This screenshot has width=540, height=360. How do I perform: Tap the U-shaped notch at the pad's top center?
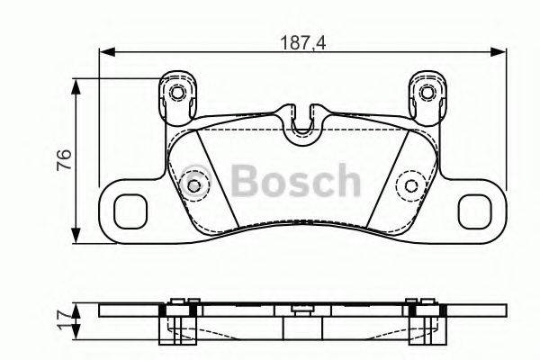[303, 121]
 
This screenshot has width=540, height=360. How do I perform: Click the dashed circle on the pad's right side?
[411, 186]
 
